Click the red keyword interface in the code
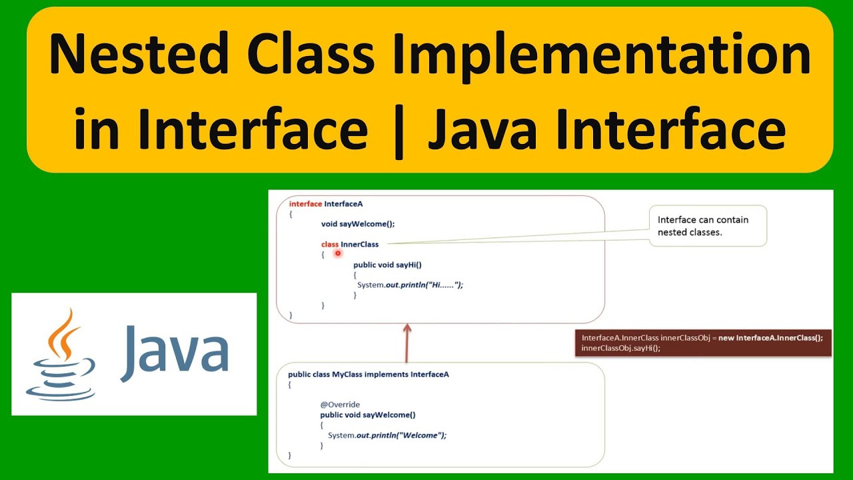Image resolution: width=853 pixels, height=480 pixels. point(305,203)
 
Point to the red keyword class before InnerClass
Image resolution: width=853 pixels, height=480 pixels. point(329,245)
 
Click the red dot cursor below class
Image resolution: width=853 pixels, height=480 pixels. point(339,253)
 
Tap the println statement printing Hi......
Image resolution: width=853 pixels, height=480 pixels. point(409,285)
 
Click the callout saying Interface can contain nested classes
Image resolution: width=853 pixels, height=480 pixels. point(707,226)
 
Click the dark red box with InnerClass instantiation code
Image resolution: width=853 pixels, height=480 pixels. point(702,343)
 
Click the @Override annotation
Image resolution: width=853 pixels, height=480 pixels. point(340,405)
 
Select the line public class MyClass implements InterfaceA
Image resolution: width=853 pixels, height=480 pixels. point(368,375)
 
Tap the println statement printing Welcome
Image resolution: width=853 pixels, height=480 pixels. point(387,435)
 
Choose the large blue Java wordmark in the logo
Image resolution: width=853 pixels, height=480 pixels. point(175,351)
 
